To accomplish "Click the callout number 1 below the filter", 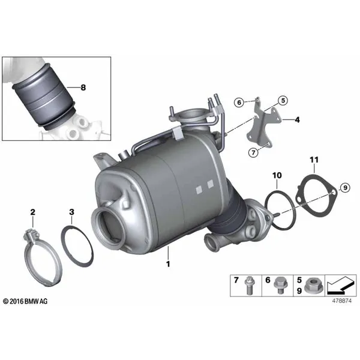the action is click(x=168, y=264).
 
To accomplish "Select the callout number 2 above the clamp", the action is click(x=33, y=212).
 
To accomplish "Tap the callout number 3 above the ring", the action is click(x=71, y=212).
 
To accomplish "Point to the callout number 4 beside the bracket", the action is click(x=298, y=119).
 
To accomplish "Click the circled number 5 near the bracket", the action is click(x=283, y=100).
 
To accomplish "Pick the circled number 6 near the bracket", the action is click(x=239, y=103).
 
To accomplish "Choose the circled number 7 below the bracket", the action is click(x=253, y=152).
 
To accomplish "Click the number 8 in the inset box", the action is click(x=83, y=88).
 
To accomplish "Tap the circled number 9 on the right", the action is click(x=345, y=188).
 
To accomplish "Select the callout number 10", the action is click(x=277, y=175).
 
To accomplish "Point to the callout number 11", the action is click(x=314, y=160).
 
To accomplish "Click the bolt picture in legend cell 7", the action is click(x=249, y=286).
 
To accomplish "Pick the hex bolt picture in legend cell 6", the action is click(x=280, y=285).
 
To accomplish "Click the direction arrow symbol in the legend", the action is click(x=340, y=285).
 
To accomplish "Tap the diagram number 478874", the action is click(x=341, y=301).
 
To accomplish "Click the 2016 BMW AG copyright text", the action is click(x=25, y=301).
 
